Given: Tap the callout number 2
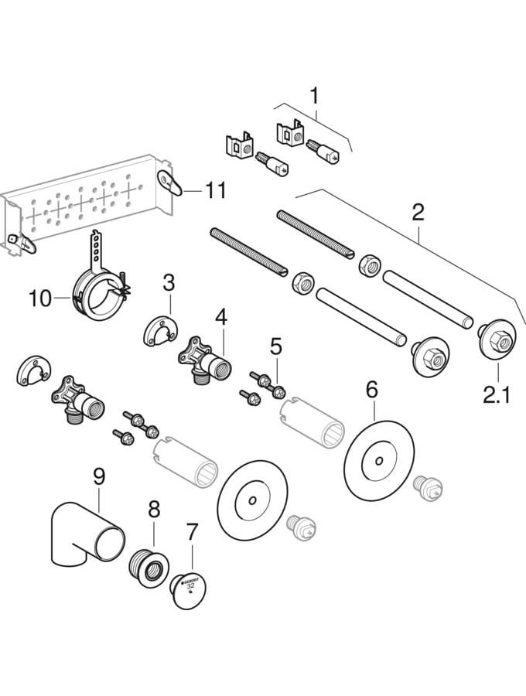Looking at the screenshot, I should coord(418,212).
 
